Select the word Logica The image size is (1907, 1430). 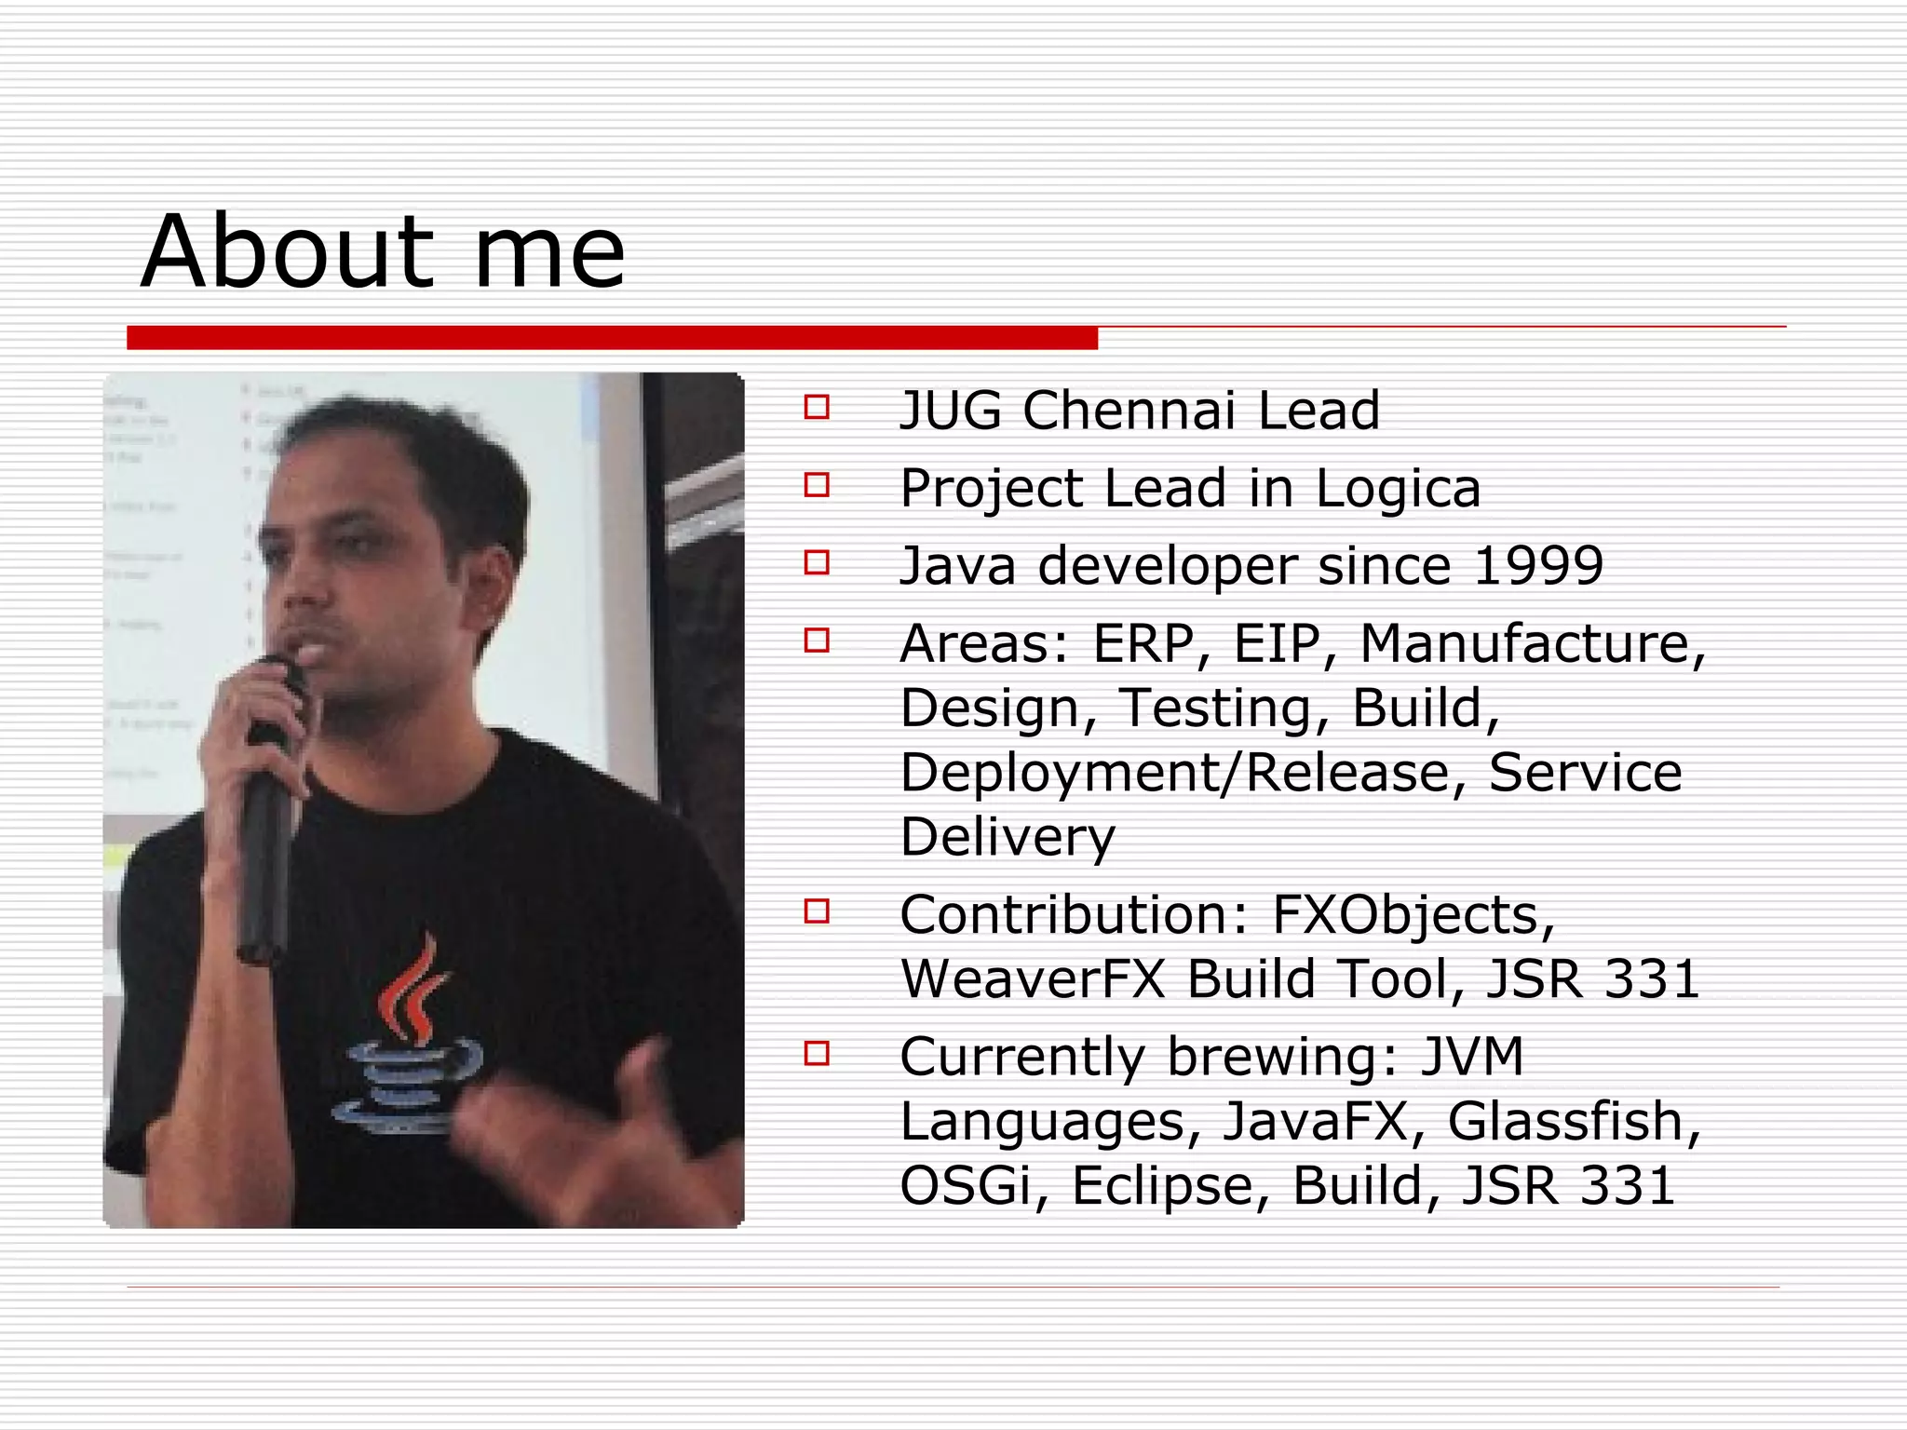pos(1397,489)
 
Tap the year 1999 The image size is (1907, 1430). pos(1538,565)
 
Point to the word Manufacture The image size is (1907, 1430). pos(1532,643)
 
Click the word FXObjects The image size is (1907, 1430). pos(1412,915)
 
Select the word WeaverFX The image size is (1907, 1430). pos(1033,979)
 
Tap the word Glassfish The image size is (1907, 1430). pos(1574,1121)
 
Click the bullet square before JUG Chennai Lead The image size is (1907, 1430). pos(817,407)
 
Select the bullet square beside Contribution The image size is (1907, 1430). pos(817,911)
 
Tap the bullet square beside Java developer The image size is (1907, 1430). pos(817,562)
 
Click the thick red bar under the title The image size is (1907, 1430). pos(612,338)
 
